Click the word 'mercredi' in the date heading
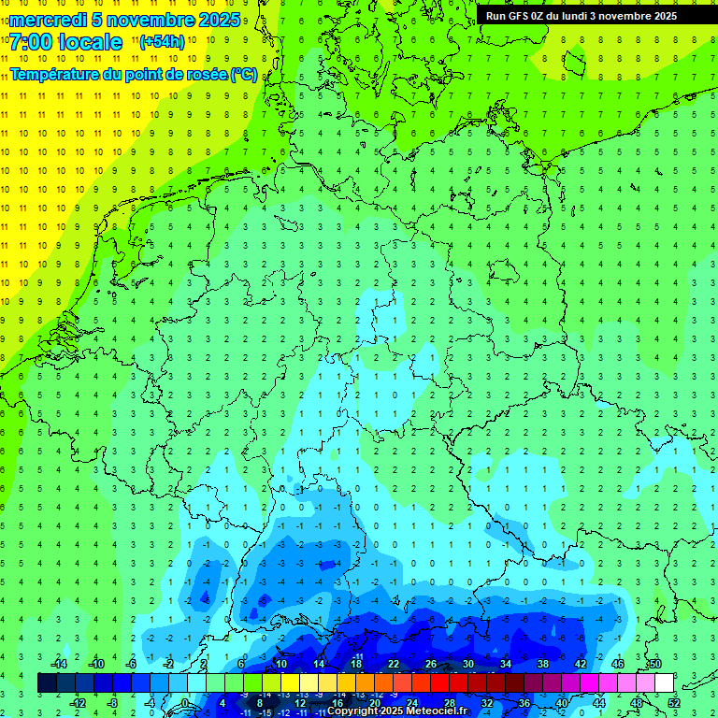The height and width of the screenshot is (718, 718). click(48, 20)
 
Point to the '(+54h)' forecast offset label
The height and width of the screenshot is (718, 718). click(162, 42)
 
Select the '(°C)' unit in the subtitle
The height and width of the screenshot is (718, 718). click(244, 74)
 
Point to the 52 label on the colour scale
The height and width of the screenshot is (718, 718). click(673, 702)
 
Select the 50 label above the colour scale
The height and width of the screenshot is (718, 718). click(654, 664)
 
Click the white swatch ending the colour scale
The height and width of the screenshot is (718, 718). click(664, 683)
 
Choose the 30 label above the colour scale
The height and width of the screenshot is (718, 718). click(468, 664)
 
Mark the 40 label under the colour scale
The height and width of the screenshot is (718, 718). click(561, 702)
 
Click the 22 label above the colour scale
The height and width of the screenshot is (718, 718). click(394, 664)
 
